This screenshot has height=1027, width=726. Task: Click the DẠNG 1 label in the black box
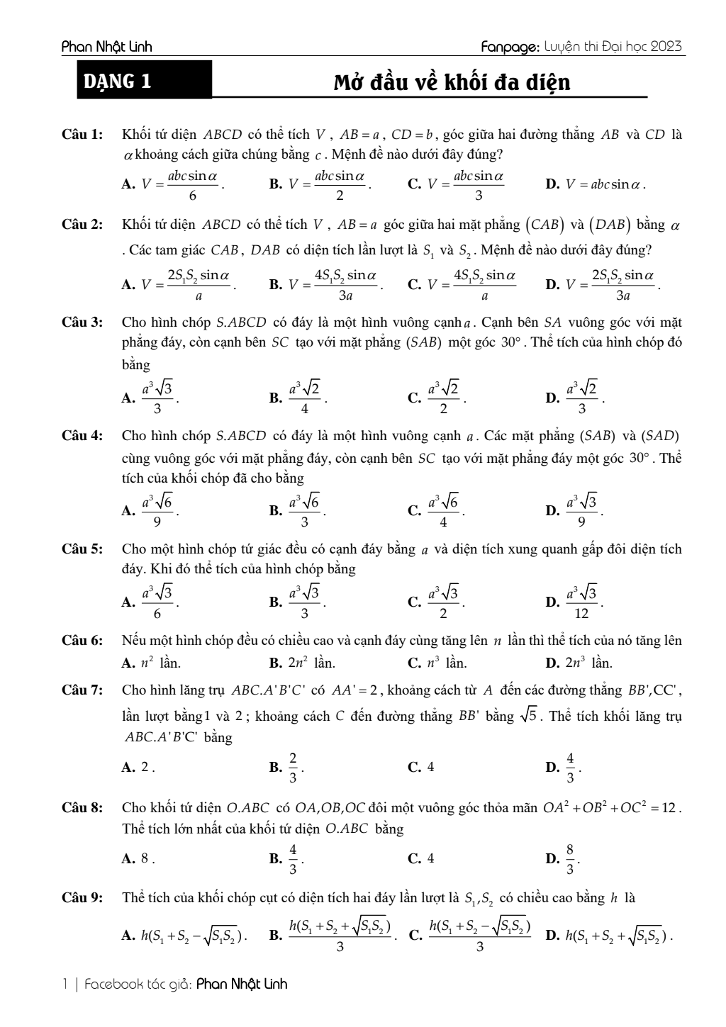click(118, 82)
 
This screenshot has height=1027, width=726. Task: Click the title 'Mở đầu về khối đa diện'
click(452, 83)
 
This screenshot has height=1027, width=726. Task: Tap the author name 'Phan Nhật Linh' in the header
click(107, 47)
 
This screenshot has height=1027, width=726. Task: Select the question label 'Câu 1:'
click(82, 135)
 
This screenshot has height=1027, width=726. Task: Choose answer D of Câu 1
click(596, 184)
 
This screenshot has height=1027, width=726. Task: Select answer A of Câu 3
click(150, 398)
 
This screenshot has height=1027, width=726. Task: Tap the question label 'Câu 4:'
click(82, 436)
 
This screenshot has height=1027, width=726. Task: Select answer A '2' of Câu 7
click(138, 767)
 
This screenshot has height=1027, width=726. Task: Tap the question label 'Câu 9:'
click(82, 899)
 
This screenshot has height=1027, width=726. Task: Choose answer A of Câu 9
click(184, 936)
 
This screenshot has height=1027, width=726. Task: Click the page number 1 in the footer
click(65, 984)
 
